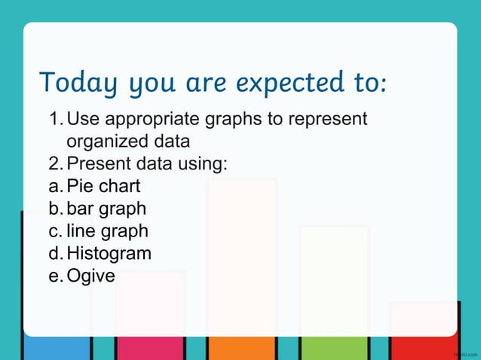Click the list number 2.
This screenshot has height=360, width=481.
54,163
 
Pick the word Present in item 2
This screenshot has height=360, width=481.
95,163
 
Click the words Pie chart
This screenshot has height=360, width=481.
103,186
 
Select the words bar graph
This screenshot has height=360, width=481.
106,209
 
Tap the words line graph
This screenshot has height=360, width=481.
107,231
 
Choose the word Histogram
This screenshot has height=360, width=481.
109,253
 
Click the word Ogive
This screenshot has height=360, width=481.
90,276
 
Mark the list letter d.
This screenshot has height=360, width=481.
54,253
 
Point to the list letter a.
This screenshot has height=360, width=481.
54,186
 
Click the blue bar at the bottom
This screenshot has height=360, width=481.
57,348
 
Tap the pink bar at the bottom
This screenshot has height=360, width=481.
149,348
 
